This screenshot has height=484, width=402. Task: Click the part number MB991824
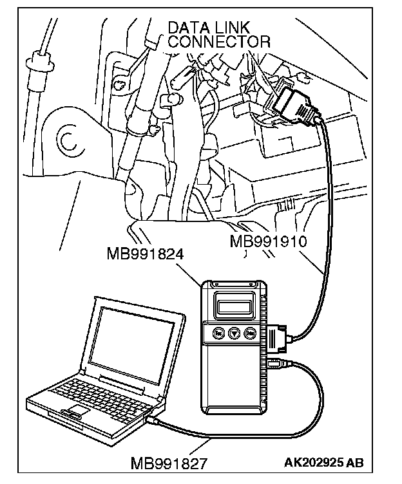146,254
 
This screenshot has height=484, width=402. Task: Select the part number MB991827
169,463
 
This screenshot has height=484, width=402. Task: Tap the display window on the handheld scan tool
233,303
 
